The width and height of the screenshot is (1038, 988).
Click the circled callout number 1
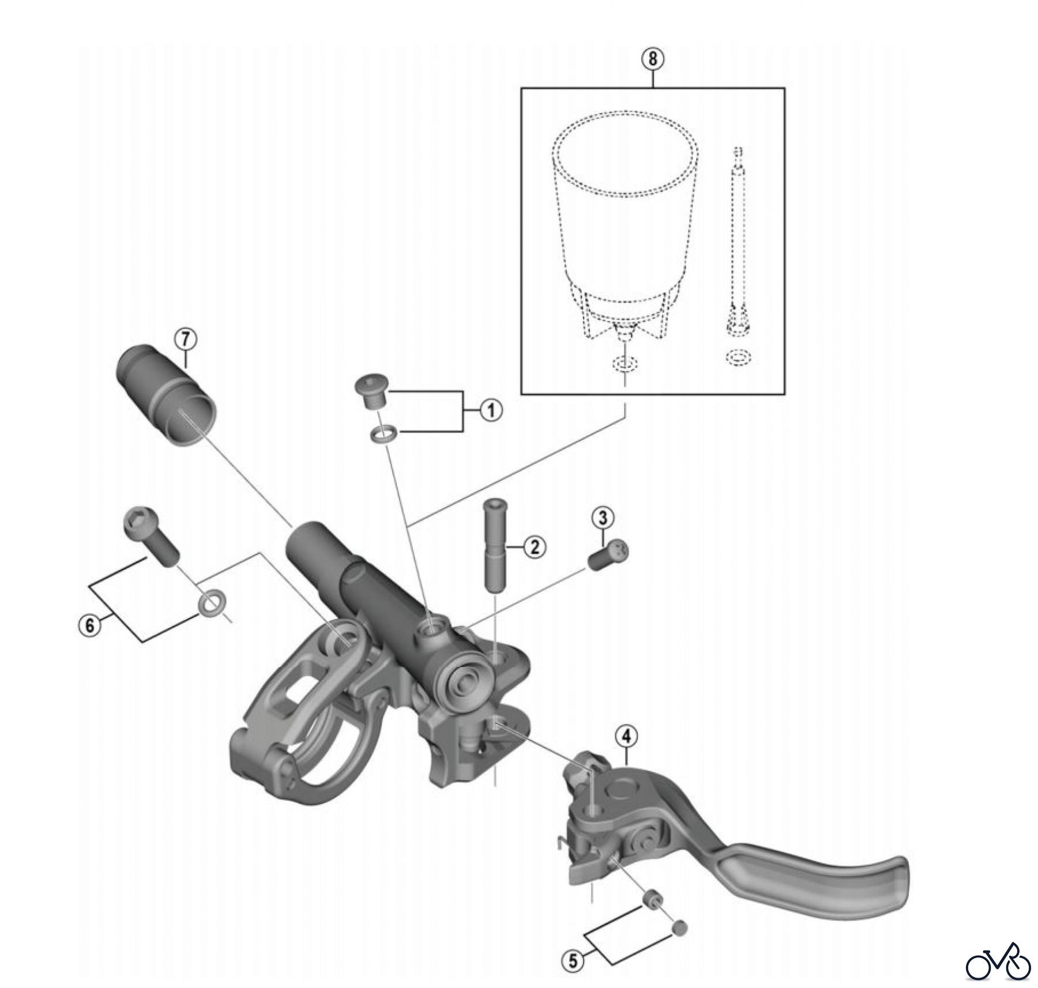point(491,411)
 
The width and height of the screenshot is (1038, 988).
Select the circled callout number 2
point(535,546)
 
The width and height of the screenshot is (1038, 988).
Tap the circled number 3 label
point(603,518)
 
